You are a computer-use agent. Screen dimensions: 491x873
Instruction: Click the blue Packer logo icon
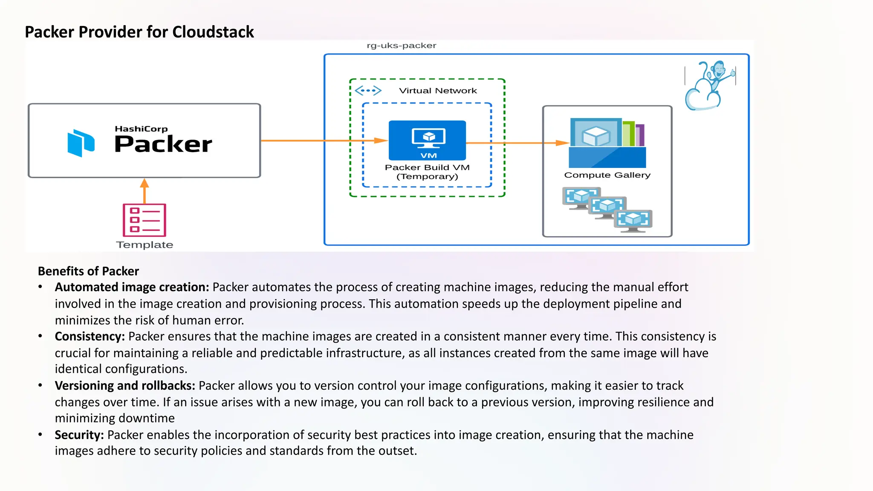pos(81,143)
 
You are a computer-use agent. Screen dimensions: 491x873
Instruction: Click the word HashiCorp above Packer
pos(141,129)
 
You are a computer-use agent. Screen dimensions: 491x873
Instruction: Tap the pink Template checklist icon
pos(145,220)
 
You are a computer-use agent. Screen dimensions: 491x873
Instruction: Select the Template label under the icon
pos(145,245)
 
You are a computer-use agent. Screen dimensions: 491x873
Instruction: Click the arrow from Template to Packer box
pos(145,191)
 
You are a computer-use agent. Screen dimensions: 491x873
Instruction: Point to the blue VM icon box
pos(427,140)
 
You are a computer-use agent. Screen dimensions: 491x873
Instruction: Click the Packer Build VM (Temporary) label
pos(427,172)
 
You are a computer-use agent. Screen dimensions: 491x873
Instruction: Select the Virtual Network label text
pos(438,91)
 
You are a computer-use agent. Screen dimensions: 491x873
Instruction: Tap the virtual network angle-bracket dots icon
pos(368,90)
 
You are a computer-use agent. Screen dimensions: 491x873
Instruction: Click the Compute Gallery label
pos(607,175)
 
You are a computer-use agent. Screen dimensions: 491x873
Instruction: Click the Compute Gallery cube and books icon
pos(607,143)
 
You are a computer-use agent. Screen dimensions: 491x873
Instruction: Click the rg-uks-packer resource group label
pos(401,46)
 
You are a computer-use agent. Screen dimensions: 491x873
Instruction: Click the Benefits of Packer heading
pos(88,271)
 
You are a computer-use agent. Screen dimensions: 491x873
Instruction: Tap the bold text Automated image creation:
pos(132,287)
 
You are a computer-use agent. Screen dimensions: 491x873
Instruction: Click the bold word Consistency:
pos(90,336)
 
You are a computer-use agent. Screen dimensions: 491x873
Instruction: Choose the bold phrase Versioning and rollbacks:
pos(125,386)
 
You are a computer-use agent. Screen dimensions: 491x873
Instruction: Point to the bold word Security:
pos(79,435)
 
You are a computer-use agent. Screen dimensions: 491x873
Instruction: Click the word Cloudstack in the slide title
pos(213,32)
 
